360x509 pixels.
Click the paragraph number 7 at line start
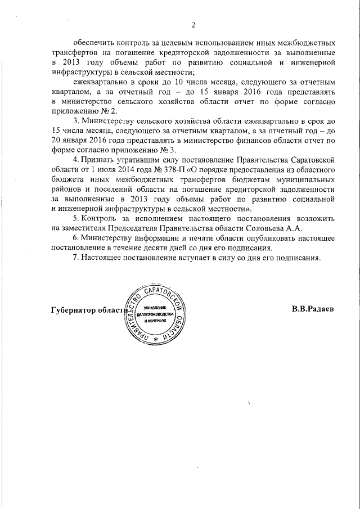[x=75, y=258]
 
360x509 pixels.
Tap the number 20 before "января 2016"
[x=56, y=140]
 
